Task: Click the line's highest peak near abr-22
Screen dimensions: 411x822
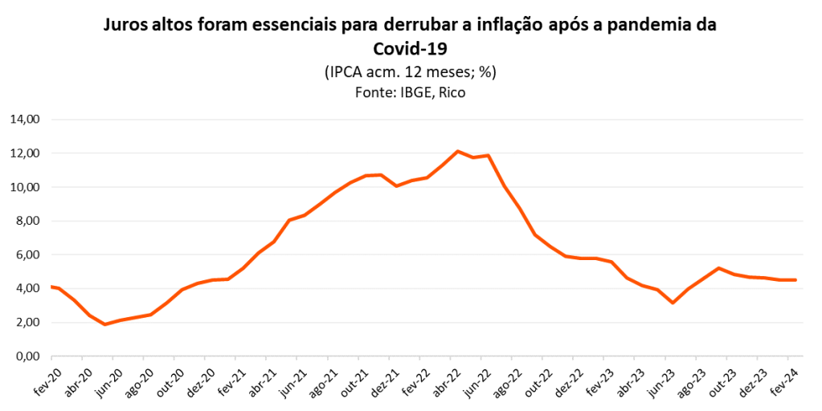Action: (x=457, y=151)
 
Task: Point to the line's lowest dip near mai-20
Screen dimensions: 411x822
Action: (x=104, y=324)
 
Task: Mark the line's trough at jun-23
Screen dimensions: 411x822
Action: (x=673, y=303)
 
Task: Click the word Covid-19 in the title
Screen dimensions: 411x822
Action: (x=411, y=47)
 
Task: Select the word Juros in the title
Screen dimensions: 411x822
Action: (x=127, y=25)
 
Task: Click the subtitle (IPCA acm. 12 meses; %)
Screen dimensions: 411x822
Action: (x=411, y=71)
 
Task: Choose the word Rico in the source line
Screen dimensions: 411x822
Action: (x=452, y=92)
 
